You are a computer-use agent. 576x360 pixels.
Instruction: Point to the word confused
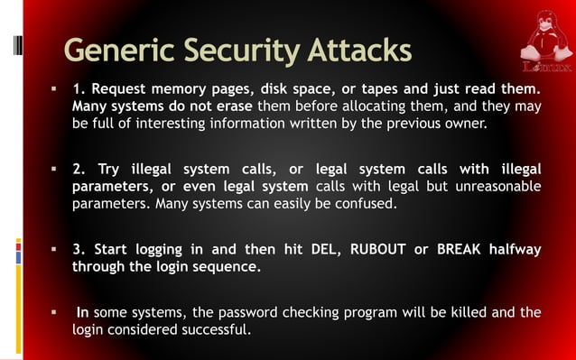pyautogui.click(x=368, y=204)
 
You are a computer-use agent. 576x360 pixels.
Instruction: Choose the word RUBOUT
pyautogui.click(x=367, y=250)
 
